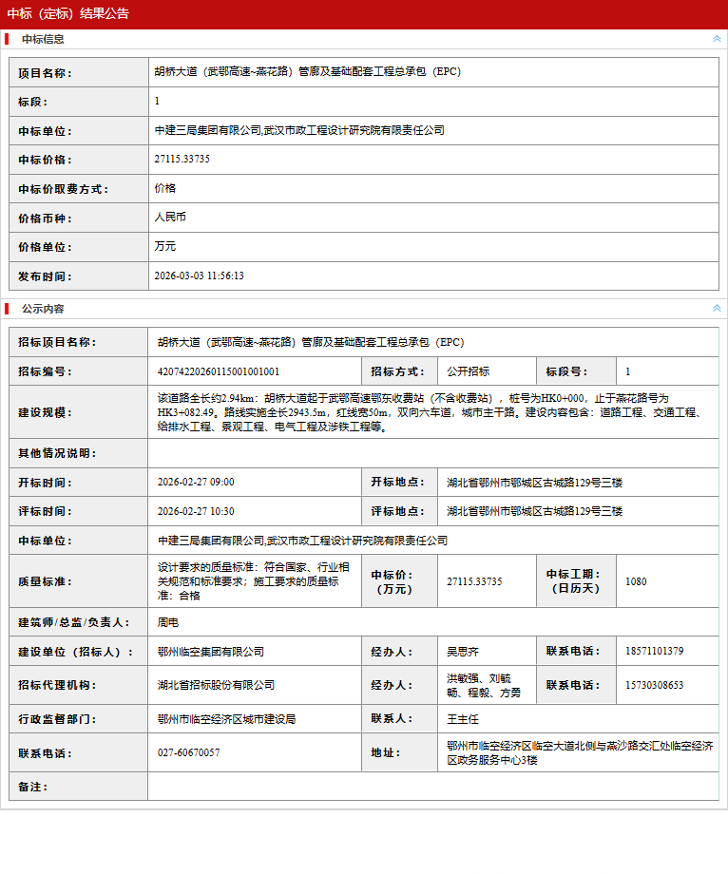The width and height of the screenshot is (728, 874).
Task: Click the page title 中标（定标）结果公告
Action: pos(68,14)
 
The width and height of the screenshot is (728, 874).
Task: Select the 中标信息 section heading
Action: pos(43,40)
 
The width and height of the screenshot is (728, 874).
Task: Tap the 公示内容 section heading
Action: pos(43,310)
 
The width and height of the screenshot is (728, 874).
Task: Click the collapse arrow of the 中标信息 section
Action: pos(717,40)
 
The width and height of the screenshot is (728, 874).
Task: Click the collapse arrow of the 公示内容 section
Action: pos(717,309)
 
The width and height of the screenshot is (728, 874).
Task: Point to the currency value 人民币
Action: pos(170,218)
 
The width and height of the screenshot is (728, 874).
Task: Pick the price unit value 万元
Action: pos(165,247)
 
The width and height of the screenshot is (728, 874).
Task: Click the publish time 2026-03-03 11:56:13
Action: pos(199,276)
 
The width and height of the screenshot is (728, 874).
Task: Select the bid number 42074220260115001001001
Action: pos(219,371)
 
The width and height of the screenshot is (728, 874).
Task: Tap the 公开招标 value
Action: pos(469,371)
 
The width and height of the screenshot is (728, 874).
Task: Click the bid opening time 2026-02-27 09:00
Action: pos(196,483)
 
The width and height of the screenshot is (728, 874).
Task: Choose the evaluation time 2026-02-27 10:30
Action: pos(196,511)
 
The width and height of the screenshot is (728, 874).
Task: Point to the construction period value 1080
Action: pos(636,581)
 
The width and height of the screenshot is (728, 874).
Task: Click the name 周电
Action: pos(168,623)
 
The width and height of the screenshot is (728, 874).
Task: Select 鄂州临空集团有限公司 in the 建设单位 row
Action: pos(211,652)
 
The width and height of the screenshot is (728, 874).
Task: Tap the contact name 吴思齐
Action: pos(463,652)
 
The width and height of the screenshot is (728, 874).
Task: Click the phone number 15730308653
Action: pos(655,685)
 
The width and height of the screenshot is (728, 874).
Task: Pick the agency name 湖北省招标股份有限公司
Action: pos(216,685)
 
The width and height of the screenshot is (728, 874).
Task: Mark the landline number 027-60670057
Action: pos(188,753)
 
